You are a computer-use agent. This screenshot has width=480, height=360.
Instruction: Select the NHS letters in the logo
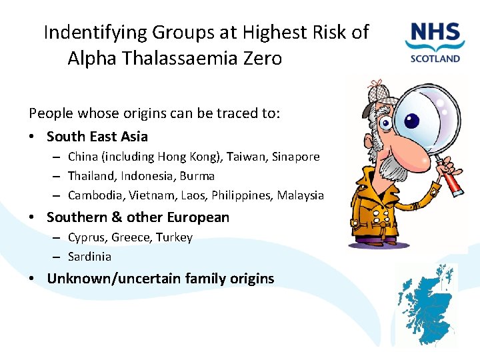tap(435, 33)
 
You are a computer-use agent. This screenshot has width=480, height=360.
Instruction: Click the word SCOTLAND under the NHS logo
tap(435, 58)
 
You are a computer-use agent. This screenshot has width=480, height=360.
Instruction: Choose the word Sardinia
tap(89, 257)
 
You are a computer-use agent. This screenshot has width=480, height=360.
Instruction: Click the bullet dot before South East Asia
tap(32, 137)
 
